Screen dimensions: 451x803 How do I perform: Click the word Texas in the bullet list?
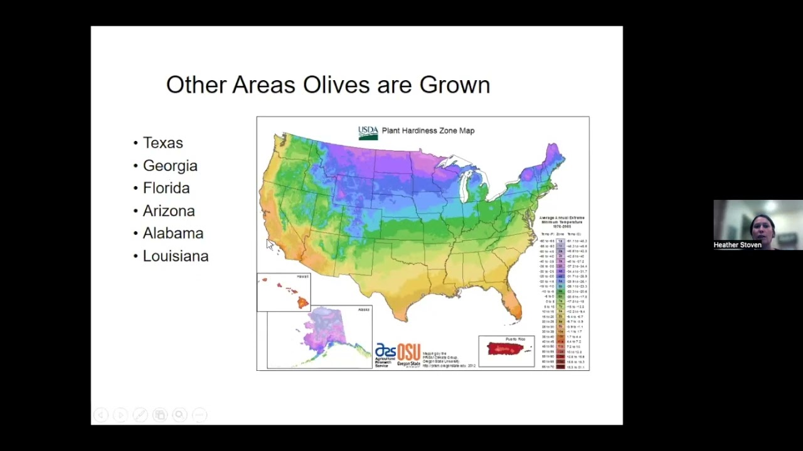[162, 143]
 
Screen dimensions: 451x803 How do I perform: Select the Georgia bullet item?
[170, 165]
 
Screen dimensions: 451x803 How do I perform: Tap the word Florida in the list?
[166, 188]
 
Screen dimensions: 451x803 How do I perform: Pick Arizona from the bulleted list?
[169, 210]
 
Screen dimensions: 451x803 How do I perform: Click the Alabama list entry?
[173, 233]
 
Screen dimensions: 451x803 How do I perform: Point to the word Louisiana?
[176, 256]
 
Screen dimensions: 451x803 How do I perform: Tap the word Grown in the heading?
[454, 85]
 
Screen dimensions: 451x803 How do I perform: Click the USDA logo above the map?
[368, 132]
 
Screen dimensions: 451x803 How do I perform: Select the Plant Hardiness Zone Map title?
[428, 131]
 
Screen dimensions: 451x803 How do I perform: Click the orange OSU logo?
[408, 353]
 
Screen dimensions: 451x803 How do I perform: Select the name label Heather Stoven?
[737, 245]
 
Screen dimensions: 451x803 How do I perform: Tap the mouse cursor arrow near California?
[270, 244]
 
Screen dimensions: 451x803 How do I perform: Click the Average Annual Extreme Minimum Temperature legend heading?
[561, 222]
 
